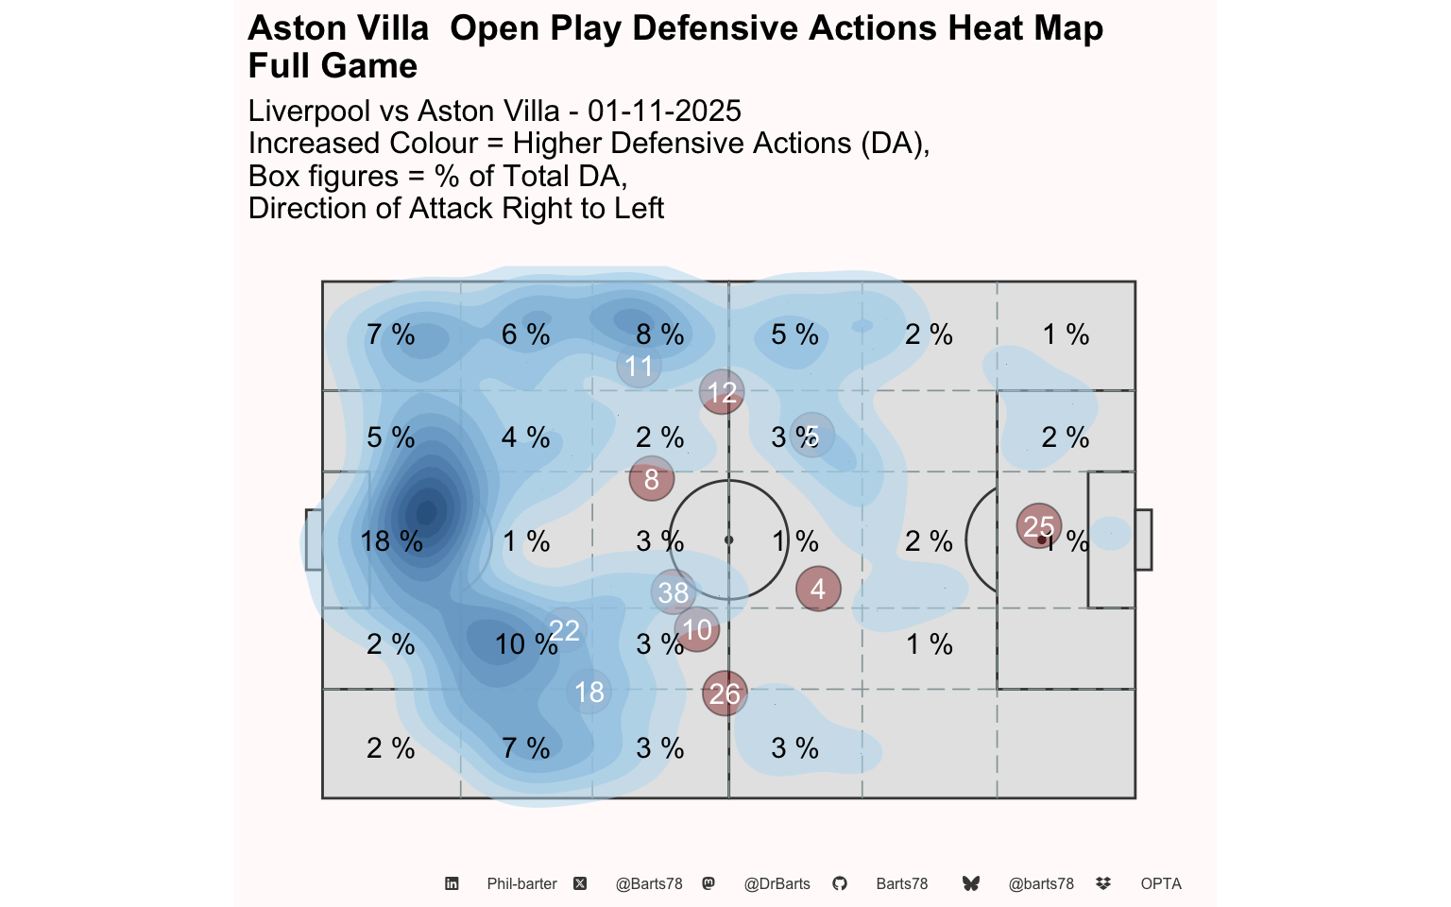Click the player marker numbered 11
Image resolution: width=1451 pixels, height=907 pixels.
tap(639, 366)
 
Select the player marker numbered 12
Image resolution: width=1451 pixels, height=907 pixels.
tap(722, 392)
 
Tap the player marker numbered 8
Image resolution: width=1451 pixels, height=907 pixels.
tap(651, 479)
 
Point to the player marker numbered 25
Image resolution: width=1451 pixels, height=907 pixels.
tap(1039, 526)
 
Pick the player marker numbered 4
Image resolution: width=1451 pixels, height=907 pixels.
tap(818, 589)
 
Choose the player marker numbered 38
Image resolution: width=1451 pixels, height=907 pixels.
tap(674, 592)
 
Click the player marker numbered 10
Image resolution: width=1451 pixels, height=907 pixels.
tap(697, 629)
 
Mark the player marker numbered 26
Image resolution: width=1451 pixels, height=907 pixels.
tap(725, 693)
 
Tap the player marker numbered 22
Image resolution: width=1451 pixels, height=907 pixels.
tap(564, 630)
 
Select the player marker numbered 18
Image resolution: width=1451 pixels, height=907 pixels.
tap(589, 692)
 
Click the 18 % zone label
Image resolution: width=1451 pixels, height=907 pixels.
tap(391, 541)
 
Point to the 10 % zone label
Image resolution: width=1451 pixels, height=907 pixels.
tap(525, 644)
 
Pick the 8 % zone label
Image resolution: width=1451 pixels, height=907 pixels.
tap(659, 334)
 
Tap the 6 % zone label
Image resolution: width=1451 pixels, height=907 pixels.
tap(525, 334)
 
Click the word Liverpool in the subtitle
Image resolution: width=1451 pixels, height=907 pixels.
tap(309, 111)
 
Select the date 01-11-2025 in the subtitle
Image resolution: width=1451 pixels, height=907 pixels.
tap(664, 111)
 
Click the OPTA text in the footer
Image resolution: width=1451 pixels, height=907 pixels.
tap(1161, 884)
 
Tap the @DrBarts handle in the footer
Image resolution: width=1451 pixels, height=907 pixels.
tap(777, 884)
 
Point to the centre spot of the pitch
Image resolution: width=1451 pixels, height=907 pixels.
tap(728, 540)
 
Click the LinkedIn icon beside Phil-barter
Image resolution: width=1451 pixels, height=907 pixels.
tap(452, 884)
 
